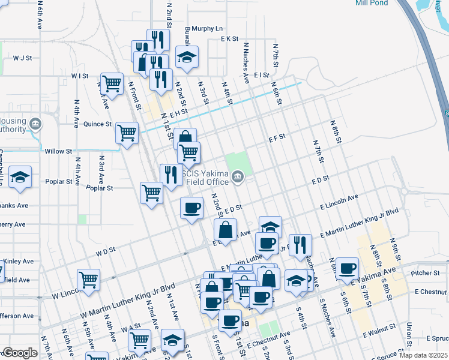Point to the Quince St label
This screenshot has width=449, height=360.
pos(98,124)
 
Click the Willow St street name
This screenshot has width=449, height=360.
pos(57,151)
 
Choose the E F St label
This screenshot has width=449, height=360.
pos(277,137)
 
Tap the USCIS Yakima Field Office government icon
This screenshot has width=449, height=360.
pos(238,176)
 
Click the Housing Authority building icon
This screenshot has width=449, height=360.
pos(35,124)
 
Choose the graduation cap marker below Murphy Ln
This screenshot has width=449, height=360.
pos(187,57)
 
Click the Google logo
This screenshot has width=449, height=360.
pos(19,353)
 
